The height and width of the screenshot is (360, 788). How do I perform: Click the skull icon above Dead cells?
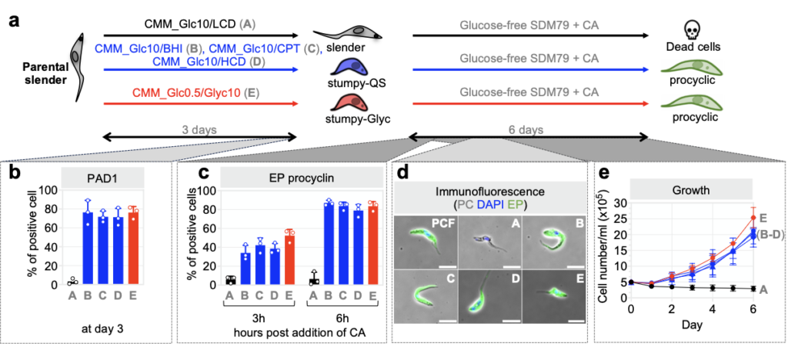(x=690, y=31)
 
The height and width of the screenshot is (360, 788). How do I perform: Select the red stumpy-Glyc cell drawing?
(x=348, y=103)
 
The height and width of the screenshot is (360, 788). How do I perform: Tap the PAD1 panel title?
(x=103, y=176)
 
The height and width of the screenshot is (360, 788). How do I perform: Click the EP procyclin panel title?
(x=299, y=176)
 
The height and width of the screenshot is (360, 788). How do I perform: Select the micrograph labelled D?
(x=491, y=295)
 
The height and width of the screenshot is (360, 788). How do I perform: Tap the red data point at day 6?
(x=753, y=218)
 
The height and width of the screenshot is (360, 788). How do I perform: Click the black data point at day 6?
(x=753, y=288)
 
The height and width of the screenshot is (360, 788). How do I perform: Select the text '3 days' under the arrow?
(x=199, y=129)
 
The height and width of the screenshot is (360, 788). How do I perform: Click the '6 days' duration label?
(x=526, y=129)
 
